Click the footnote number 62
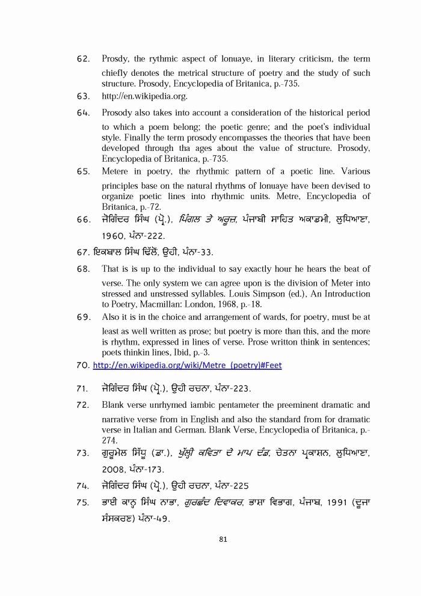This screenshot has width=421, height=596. [84, 59]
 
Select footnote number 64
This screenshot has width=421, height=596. [84, 113]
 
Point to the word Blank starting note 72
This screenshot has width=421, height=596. [114, 405]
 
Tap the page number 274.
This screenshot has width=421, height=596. [109, 441]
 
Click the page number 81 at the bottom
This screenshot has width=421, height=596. [223, 539]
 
